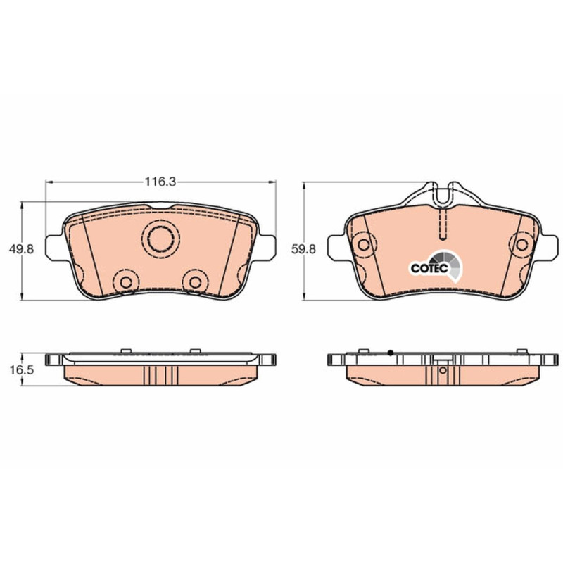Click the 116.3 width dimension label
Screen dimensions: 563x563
[x=160, y=182]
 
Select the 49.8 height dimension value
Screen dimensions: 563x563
[x=22, y=249]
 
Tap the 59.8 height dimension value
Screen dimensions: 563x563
[x=303, y=249]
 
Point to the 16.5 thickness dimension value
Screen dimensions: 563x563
[x=22, y=370]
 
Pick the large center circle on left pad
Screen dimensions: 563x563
[x=161, y=239]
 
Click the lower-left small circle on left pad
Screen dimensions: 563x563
[x=126, y=282]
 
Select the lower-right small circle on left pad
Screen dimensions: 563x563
[x=196, y=282]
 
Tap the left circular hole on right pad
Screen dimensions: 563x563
[x=363, y=244]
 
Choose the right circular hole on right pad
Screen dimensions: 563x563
[x=521, y=244]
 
